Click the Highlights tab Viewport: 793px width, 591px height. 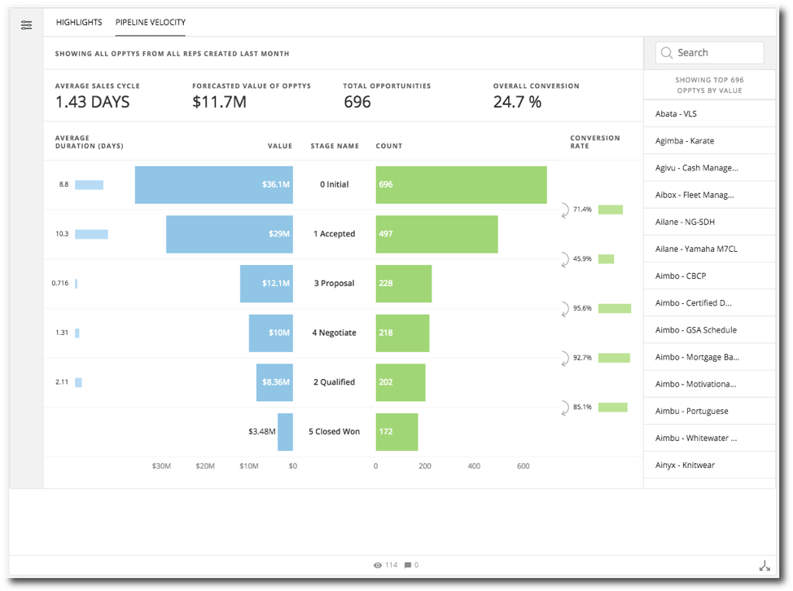79,22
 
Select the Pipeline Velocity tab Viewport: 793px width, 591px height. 151,22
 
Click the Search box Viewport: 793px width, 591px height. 710,53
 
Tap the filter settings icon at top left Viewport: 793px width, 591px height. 27,24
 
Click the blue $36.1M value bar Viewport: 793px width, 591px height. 213,184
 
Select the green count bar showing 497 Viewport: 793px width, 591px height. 436,234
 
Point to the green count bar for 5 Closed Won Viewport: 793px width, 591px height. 396,431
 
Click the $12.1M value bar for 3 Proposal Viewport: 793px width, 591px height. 266,284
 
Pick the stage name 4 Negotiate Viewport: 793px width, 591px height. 334,333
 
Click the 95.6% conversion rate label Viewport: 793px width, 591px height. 583,308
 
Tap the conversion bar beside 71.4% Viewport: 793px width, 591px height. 610,209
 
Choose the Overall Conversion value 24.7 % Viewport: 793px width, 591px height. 517,102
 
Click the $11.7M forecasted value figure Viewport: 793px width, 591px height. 219,102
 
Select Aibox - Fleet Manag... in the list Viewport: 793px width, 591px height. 694,195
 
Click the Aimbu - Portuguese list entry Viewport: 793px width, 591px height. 691,411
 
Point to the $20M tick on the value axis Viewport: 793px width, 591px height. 205,466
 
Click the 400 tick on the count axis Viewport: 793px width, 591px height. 474,466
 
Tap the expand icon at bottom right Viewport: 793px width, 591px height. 764,566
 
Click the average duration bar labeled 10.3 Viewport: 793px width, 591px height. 91,234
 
